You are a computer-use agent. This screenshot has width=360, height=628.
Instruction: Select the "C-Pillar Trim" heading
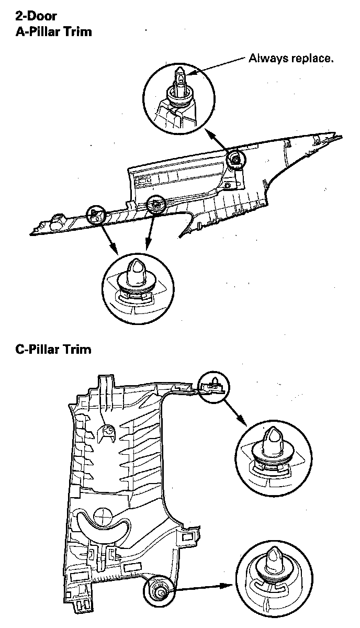(x=53, y=349)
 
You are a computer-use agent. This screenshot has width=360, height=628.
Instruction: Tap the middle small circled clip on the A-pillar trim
(x=154, y=203)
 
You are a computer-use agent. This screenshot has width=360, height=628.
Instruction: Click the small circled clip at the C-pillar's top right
(x=213, y=386)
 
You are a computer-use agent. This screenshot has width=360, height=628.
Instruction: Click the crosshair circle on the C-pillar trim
(x=104, y=515)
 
